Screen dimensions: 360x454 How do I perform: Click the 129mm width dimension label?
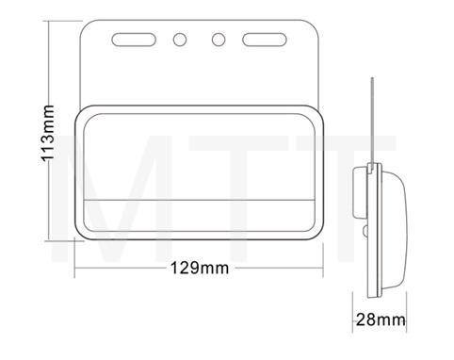coord(200,268)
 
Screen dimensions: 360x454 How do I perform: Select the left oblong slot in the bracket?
coord(133,41)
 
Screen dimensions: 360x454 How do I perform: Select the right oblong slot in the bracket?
coord(266,41)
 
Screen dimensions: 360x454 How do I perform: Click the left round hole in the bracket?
coord(179,41)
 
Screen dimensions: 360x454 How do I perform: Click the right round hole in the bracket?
coord(219,41)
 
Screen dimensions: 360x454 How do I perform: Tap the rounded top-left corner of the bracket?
coord(88,24)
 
